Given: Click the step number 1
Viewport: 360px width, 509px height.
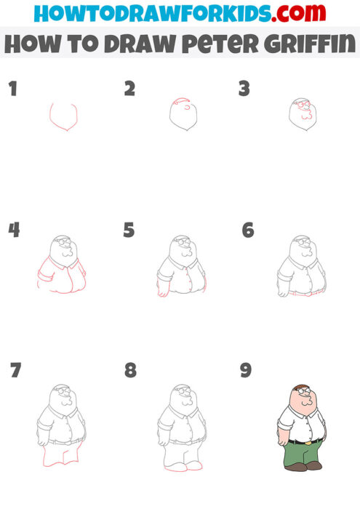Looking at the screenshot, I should (x=12, y=90).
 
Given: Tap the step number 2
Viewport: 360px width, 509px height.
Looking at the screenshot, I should (x=129, y=89).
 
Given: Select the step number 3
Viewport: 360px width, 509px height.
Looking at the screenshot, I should (x=244, y=89).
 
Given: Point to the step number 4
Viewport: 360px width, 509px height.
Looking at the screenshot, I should (x=14, y=231).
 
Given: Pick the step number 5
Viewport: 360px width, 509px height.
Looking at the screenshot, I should (x=129, y=231).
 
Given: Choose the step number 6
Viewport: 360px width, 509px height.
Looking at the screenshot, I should (x=248, y=231).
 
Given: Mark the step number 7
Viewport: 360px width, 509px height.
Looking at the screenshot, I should (x=15, y=370).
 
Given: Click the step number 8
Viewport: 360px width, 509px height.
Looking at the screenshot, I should (x=130, y=370).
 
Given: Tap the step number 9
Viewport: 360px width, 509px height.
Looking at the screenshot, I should (x=246, y=370).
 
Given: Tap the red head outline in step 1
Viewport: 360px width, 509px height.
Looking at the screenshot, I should (x=64, y=117).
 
